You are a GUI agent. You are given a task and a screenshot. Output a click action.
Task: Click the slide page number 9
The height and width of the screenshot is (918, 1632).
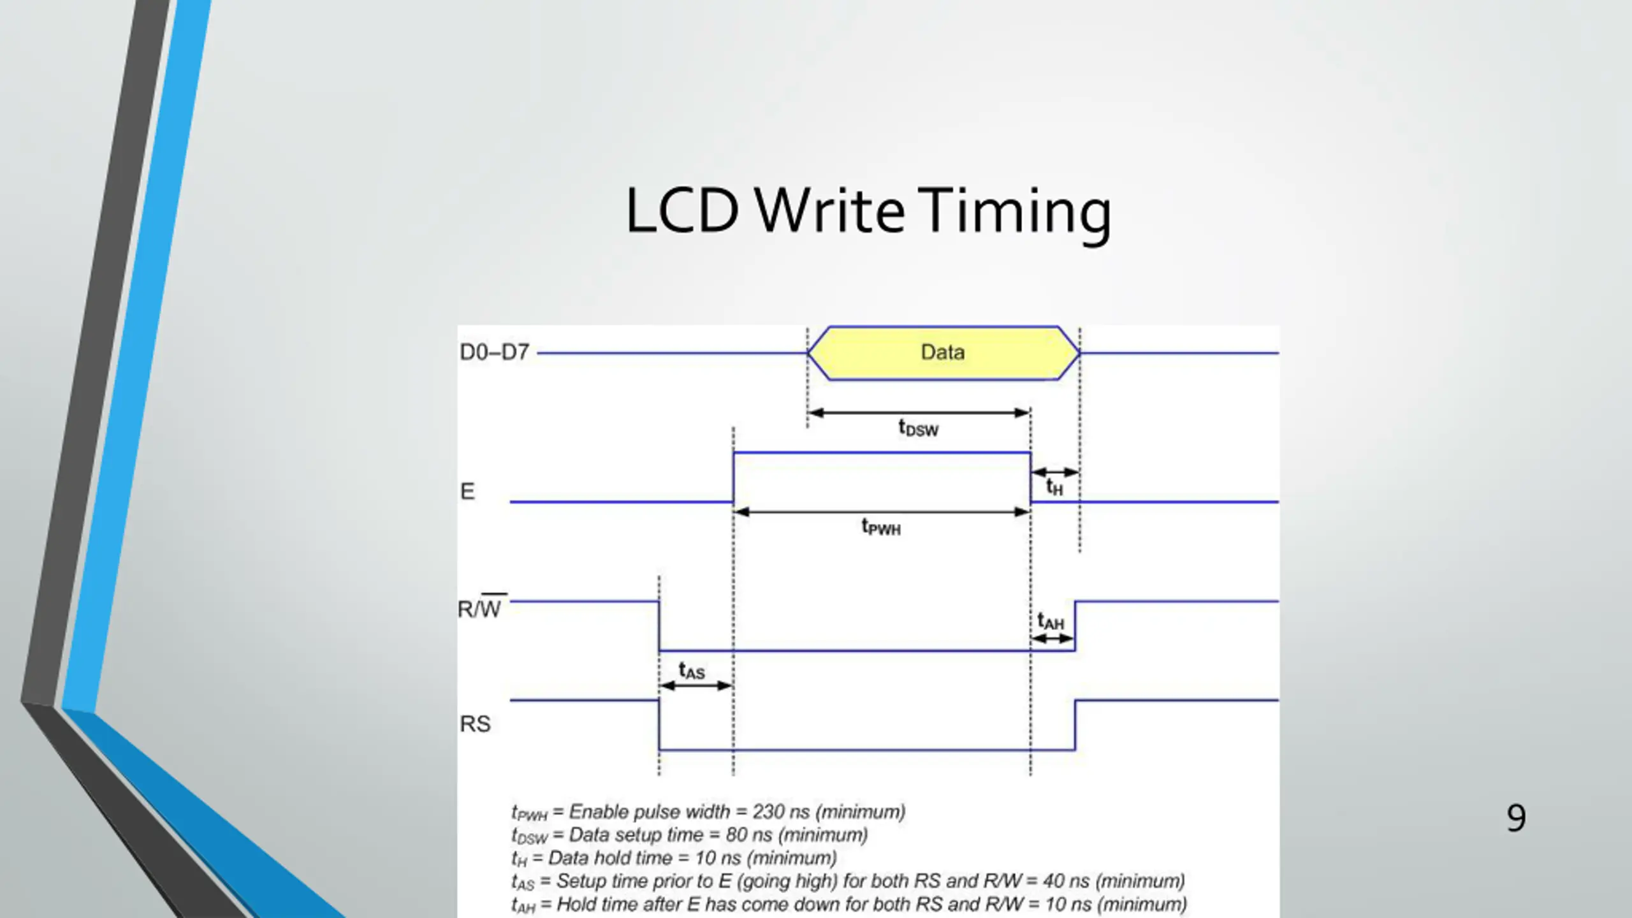click(1516, 818)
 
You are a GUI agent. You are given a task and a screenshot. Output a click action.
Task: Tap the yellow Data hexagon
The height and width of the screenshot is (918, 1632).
click(943, 353)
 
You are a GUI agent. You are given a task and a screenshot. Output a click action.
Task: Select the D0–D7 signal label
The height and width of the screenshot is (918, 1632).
click(494, 353)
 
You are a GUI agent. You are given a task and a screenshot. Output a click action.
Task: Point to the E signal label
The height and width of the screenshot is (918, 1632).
click(467, 492)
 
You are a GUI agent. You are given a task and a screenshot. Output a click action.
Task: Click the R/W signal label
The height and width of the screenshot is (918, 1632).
click(481, 608)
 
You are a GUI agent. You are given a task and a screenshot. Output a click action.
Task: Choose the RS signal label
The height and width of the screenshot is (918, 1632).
click(475, 724)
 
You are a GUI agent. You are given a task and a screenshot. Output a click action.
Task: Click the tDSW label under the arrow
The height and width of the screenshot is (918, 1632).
click(918, 428)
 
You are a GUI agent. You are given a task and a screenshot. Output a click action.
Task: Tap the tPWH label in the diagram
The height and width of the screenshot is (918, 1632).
click(881, 527)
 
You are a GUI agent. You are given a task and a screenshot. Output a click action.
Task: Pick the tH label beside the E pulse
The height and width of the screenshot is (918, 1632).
click(1054, 488)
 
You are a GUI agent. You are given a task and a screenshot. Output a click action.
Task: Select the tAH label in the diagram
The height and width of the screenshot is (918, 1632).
click(1051, 621)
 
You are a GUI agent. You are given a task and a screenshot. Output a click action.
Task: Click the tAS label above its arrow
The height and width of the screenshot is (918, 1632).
click(692, 671)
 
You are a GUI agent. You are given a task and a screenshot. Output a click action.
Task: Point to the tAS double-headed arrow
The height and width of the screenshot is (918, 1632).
click(696, 686)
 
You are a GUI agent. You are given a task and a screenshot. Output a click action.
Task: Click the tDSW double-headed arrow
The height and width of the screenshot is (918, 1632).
click(919, 412)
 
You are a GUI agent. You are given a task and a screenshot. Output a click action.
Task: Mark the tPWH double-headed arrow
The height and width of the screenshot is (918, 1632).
click(882, 511)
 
